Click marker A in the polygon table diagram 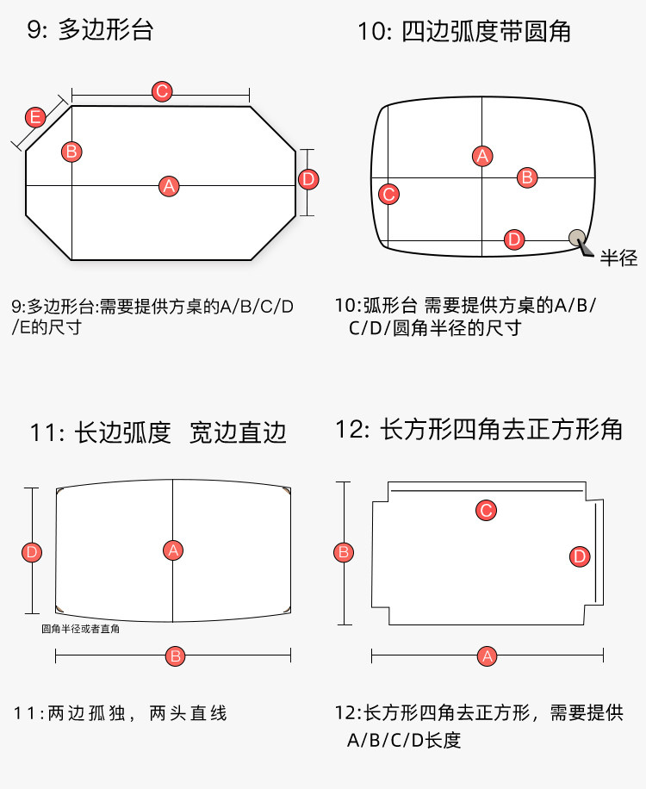169,185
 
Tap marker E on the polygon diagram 35,117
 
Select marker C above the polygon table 161,91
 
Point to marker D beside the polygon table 308,179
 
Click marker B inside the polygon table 71,152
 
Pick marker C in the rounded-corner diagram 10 388,194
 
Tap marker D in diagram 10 513,239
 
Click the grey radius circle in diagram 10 576,236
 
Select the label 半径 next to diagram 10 618,258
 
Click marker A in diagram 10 482,156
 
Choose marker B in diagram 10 527,177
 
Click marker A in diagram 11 173,550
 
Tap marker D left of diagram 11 32,551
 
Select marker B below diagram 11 176,656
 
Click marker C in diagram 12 486,511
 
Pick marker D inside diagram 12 580,556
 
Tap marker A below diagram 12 488,656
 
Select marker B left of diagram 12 343,552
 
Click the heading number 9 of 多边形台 34,30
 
